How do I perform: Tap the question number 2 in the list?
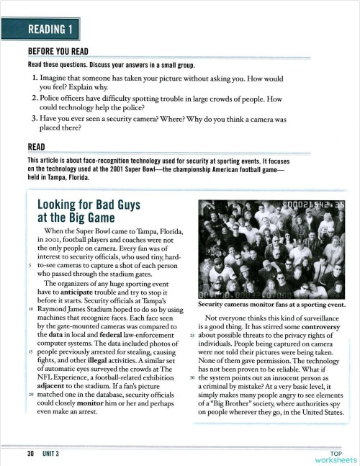(35, 99)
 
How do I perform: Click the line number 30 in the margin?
(192, 379)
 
